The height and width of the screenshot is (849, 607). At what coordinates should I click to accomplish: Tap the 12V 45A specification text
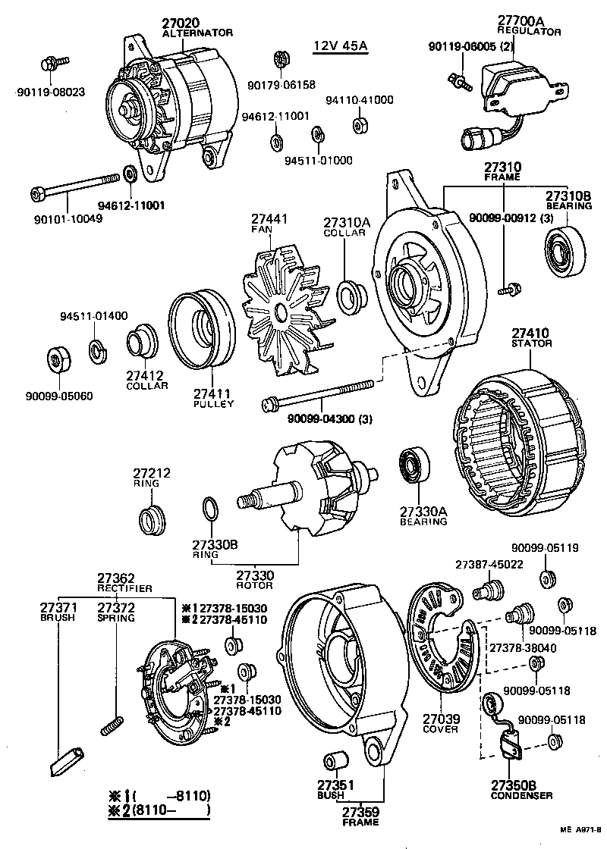(340, 46)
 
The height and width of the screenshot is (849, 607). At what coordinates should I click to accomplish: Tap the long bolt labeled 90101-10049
(76, 185)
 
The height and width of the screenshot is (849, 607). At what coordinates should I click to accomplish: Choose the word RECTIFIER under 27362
(124, 588)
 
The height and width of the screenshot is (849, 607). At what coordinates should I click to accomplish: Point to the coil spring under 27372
(112, 724)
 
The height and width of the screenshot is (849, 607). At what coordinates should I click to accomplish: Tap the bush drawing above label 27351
(335, 760)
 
